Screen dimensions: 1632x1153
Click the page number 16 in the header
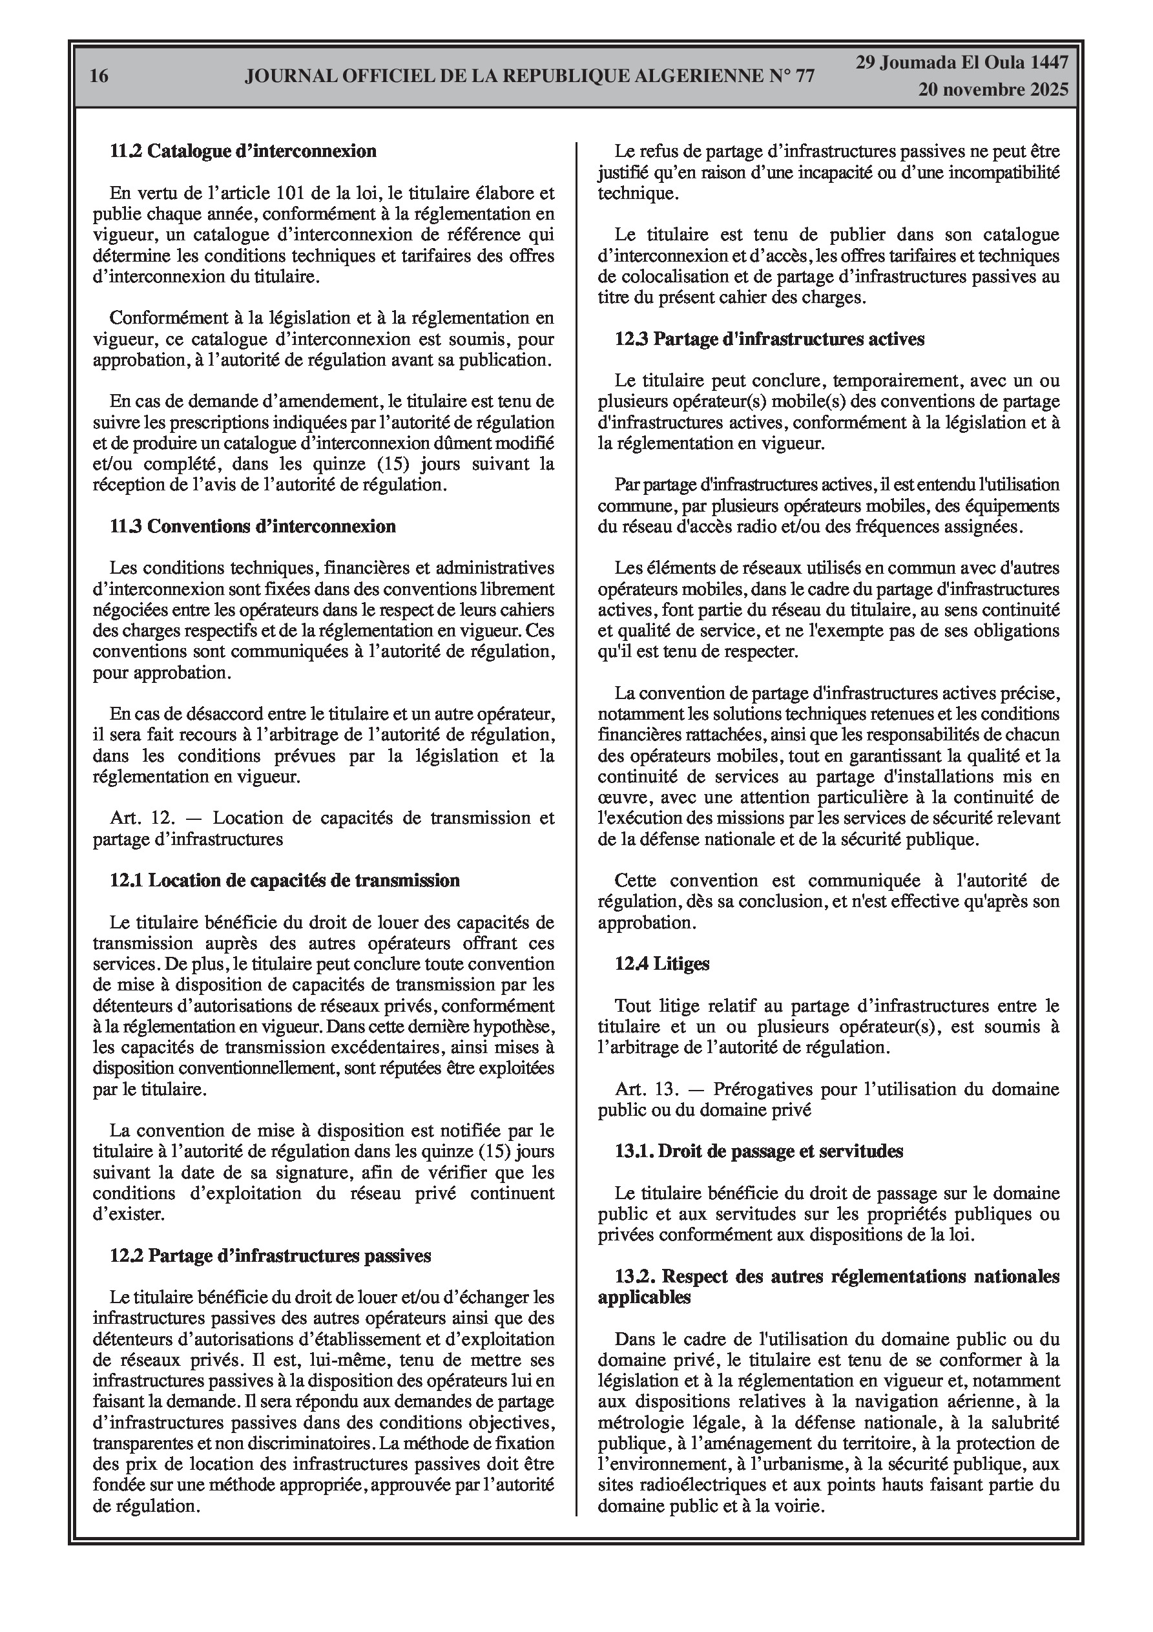tap(99, 76)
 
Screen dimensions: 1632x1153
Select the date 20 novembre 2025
tap(992, 90)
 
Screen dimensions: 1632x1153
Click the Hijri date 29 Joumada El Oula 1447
tap(962, 63)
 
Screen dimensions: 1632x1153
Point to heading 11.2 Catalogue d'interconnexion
tap(243, 151)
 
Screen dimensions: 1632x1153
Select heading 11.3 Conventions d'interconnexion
tap(253, 526)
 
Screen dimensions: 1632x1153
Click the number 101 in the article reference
tap(293, 193)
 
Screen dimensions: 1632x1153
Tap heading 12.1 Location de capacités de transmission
tap(284, 880)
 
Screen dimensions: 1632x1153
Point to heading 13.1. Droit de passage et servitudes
tap(758, 1151)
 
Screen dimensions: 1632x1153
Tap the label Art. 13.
tap(643, 1088)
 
